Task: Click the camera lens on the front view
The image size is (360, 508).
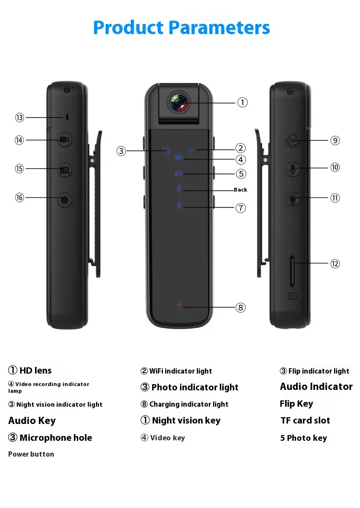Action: (179, 102)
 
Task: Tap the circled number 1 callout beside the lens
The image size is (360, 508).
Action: (243, 102)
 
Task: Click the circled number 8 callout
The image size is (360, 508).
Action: (241, 307)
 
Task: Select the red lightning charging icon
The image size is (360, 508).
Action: (180, 305)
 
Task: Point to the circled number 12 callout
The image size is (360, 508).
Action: (335, 263)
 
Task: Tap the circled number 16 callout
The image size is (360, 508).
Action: (19, 197)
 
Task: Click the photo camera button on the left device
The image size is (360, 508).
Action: (65, 169)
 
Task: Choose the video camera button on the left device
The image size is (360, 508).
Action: (65, 140)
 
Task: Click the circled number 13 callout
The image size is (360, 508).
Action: (19, 118)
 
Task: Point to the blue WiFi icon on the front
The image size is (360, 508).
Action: (192, 151)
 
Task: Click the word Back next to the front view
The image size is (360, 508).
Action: (240, 190)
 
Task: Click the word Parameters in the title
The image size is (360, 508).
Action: (220, 27)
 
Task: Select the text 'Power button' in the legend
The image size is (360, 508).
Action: (31, 454)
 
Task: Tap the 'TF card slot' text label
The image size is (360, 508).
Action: (305, 421)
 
